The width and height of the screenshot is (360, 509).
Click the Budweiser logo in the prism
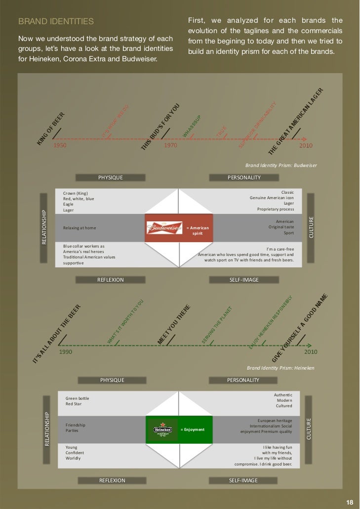point(164,228)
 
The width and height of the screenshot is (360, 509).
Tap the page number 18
point(350,502)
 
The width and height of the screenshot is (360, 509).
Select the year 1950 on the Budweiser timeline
point(60,146)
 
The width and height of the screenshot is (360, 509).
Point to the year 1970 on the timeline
point(171,146)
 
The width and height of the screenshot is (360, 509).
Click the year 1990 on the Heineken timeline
point(66,352)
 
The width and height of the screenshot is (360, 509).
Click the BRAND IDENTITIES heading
point(56,22)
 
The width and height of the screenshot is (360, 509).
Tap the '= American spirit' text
point(198,230)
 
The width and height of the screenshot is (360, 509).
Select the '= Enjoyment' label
point(193,429)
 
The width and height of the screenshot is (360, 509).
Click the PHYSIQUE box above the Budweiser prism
point(111,177)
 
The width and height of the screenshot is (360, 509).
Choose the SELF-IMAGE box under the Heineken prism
point(243,480)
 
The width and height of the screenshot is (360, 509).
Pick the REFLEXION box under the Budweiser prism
point(111,280)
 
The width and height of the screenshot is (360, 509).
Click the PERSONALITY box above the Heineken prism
point(243,380)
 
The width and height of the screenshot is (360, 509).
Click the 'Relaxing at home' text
point(80,228)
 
